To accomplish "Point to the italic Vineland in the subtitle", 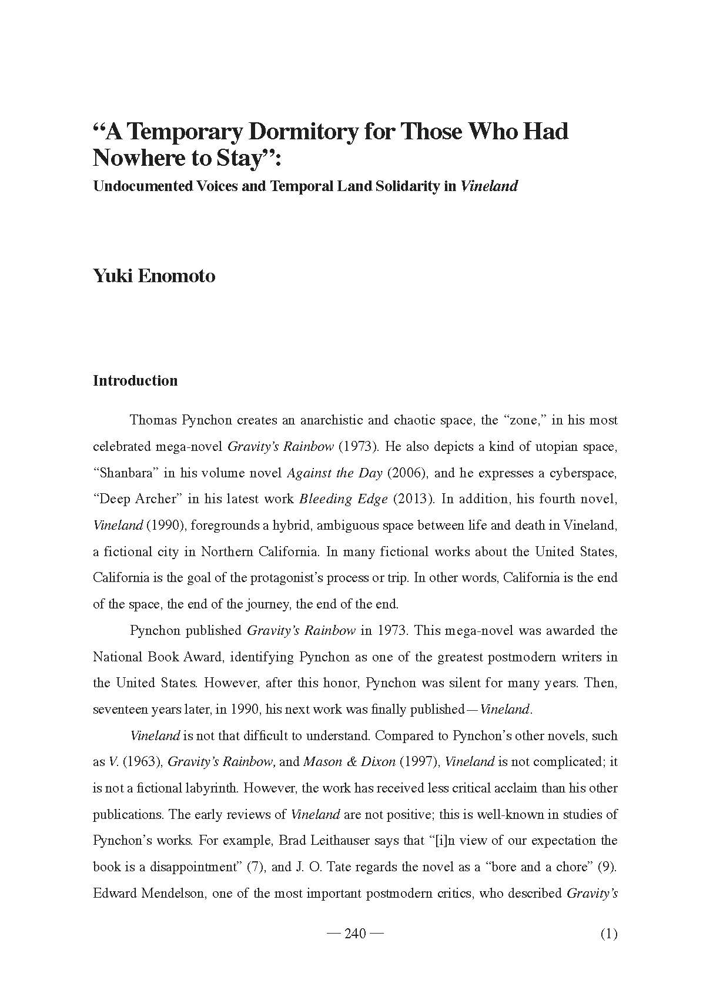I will tap(489, 187).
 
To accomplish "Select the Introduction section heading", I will tap(135, 381).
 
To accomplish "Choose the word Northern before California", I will tap(227, 551).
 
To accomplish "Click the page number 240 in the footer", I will tap(355, 934).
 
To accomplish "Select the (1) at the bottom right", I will tap(608, 934).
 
